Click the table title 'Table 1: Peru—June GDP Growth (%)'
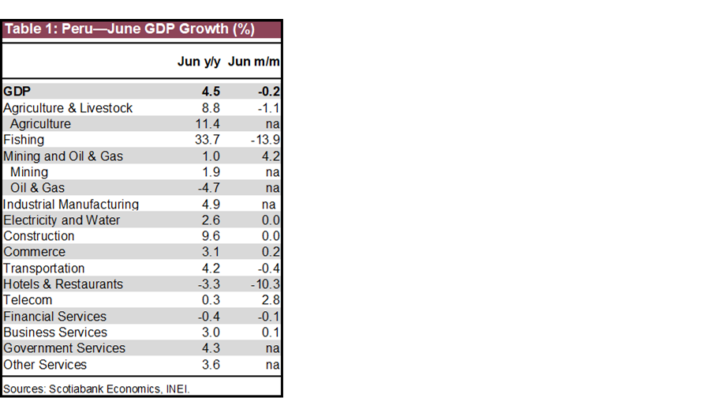tap(129, 30)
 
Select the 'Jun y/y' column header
tap(199, 62)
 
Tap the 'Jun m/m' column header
tap(254, 62)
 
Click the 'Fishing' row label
tap(24, 140)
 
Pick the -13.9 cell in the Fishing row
tap(264, 140)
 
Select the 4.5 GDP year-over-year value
tap(211, 91)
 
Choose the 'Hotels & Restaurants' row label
tap(63, 284)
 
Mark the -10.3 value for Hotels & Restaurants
tap(264, 284)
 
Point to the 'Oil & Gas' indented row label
tap(37, 188)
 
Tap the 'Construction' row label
tap(39, 236)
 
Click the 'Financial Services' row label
tap(54, 317)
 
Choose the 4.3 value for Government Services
tap(211, 348)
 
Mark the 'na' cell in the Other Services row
tap(273, 365)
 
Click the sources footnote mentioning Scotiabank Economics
tap(96, 388)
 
